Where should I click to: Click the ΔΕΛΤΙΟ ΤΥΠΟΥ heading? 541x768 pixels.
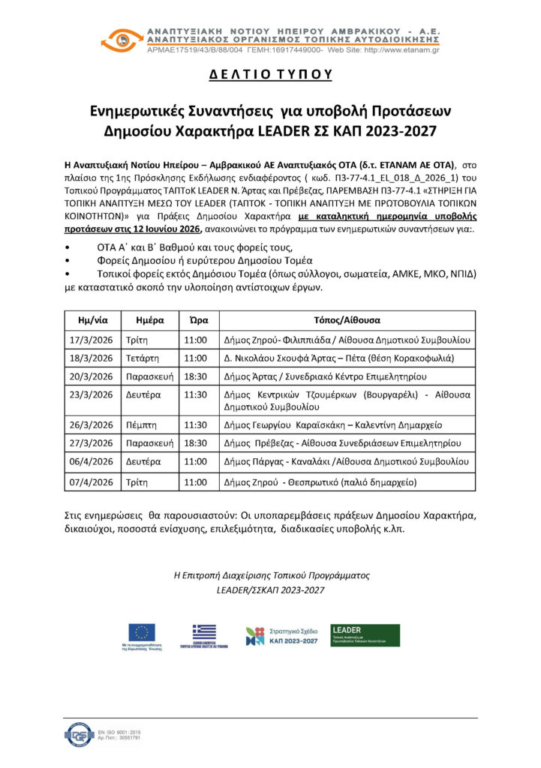click(270, 76)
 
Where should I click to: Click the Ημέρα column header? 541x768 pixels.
click(150, 319)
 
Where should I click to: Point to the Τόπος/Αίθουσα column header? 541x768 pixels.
click(346, 319)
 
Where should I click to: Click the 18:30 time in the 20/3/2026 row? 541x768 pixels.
click(197, 376)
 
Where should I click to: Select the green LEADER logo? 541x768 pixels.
click(365, 635)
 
